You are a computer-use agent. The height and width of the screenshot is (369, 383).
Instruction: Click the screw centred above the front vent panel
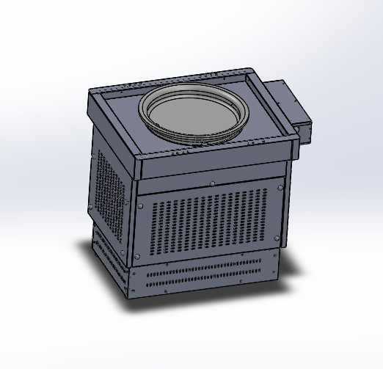[x=212, y=183]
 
